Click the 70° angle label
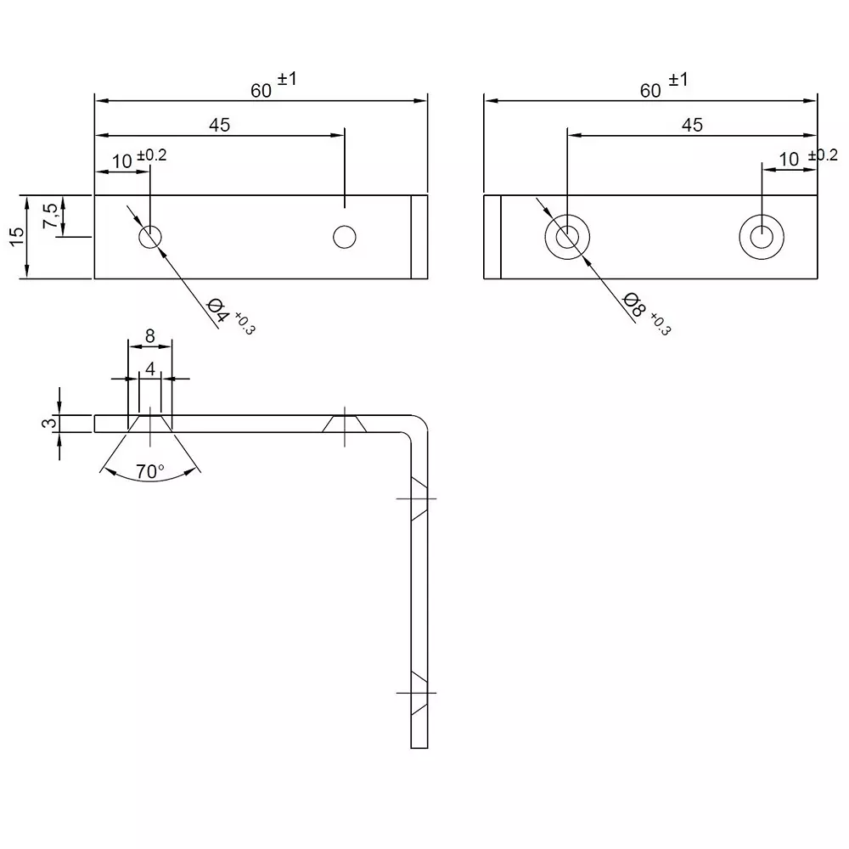tap(150, 471)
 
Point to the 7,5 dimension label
tap(51, 216)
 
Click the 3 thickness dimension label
tap(50, 422)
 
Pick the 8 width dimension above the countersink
tap(150, 335)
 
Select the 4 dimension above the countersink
tap(150, 368)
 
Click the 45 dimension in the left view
tap(219, 125)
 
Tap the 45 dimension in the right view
tap(692, 125)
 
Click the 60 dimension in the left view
tap(262, 90)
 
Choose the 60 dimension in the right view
tap(651, 90)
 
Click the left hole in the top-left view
tap(150, 237)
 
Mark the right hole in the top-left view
tap(344, 237)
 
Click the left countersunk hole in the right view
tap(568, 236)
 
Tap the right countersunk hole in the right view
tap(762, 236)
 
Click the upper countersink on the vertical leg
tap(419, 498)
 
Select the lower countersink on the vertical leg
tap(419, 692)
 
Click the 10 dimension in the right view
tap(789, 159)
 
